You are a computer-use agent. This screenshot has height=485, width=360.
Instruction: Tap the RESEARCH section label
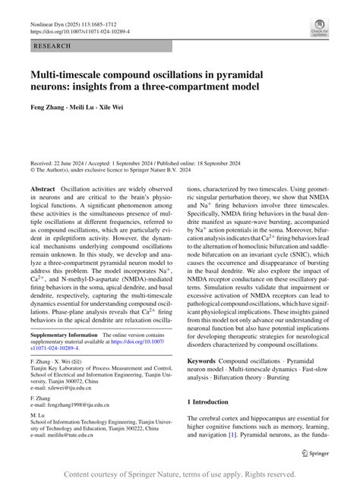click(52, 46)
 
